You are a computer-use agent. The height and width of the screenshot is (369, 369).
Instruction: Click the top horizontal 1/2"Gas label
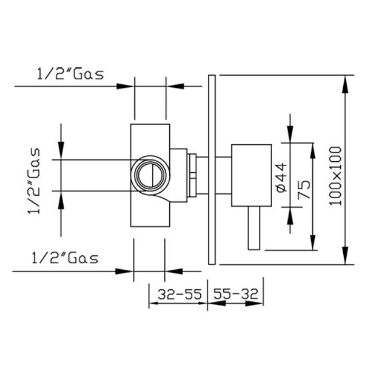[x=70, y=74]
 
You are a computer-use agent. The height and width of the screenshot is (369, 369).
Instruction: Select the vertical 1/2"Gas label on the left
[x=34, y=181]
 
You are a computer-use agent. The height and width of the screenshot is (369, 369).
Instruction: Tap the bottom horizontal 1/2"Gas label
[x=65, y=258]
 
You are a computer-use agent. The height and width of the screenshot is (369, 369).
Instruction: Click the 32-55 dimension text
[x=180, y=294]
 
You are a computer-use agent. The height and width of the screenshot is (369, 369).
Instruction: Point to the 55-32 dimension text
[x=235, y=294]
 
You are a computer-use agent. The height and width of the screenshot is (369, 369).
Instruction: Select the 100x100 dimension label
[x=335, y=176]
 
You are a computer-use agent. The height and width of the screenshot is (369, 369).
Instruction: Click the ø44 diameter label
[x=282, y=178]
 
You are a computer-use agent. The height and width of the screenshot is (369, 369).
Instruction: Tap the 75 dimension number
[x=304, y=189]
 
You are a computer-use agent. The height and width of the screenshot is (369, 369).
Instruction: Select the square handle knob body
[x=251, y=176]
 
